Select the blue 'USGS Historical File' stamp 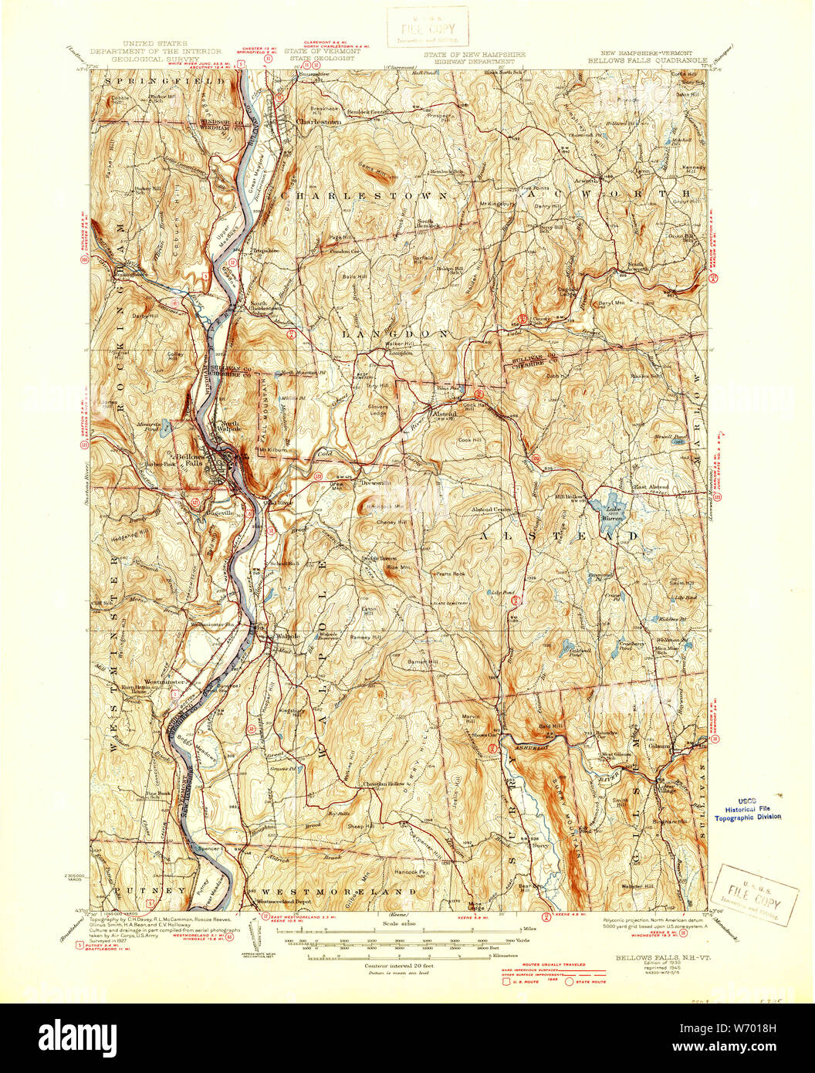pos(747,812)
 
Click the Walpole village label pos(287,636)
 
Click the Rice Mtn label pos(397,569)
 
